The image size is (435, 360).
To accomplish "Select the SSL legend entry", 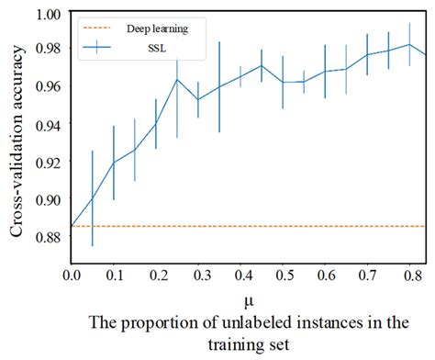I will pyautogui.click(x=164, y=46).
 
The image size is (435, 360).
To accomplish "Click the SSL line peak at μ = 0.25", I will pyautogui.click(x=176, y=80).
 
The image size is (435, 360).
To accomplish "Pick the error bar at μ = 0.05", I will pyautogui.click(x=92, y=198).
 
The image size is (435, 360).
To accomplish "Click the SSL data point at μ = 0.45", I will pyautogui.click(x=262, y=65).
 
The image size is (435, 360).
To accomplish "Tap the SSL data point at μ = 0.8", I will pyautogui.click(x=409, y=44).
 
